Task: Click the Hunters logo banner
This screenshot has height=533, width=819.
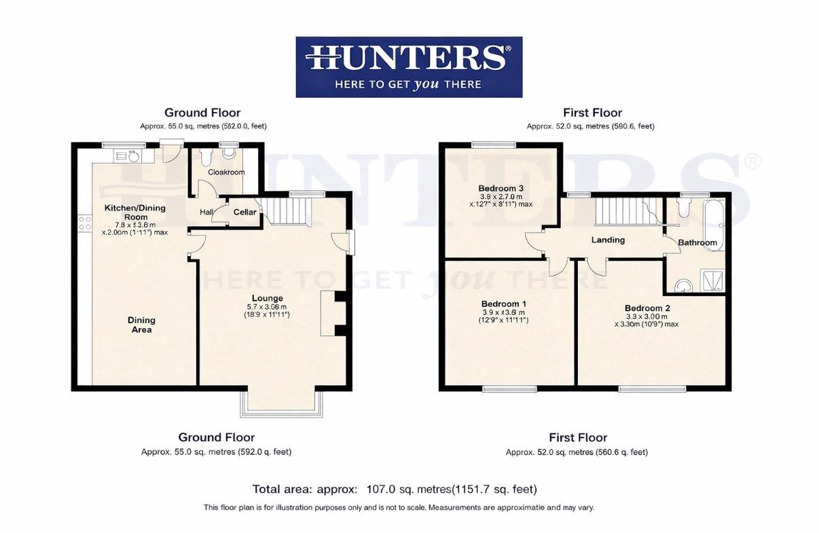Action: point(409,67)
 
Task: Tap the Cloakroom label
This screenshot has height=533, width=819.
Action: point(226,172)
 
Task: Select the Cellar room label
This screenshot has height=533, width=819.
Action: point(244,213)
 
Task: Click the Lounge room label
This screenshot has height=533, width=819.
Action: point(267,298)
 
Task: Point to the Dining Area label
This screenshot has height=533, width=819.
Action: point(141,325)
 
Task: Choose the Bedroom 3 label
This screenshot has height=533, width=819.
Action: point(500,188)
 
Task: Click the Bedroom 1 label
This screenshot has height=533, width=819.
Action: point(503,304)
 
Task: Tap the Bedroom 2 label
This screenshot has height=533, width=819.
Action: point(647,308)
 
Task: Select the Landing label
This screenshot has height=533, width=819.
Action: point(608,240)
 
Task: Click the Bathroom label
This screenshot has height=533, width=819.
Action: point(697,242)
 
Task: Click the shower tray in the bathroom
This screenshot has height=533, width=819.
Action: point(712,280)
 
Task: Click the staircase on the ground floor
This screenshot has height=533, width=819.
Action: point(285,210)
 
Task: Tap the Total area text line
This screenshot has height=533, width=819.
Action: point(395,489)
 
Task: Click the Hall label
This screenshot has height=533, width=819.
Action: point(206,213)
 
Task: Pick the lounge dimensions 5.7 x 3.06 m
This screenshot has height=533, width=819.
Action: point(268,307)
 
